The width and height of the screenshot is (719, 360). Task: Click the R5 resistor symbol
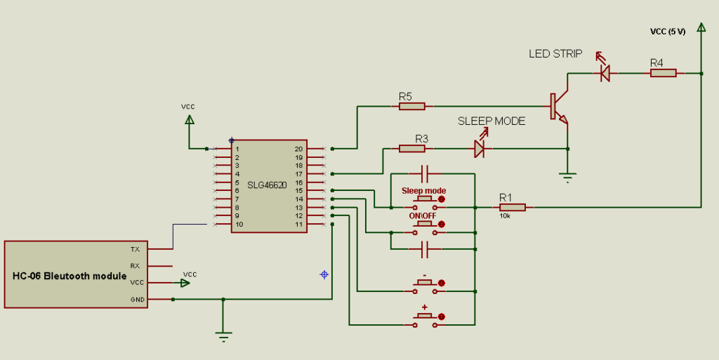pyautogui.click(x=411, y=107)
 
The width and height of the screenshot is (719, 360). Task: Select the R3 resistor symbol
pyautogui.click(x=411, y=149)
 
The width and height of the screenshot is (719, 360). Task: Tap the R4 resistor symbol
pyautogui.click(x=662, y=72)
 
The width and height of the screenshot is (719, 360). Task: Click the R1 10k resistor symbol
pyautogui.click(x=512, y=207)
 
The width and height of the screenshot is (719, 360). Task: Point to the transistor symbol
pyautogui.click(x=559, y=107)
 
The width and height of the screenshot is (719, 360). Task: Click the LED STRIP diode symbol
pyautogui.click(x=602, y=72)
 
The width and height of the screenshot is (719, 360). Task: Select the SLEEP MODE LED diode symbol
pyautogui.click(x=480, y=149)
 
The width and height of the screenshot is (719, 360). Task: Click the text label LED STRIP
pyautogui.click(x=555, y=54)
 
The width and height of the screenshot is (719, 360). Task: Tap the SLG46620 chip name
pyautogui.click(x=267, y=186)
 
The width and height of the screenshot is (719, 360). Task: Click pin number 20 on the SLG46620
pyautogui.click(x=298, y=149)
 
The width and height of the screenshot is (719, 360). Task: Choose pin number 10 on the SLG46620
pyautogui.click(x=239, y=225)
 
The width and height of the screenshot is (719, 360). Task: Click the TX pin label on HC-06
pyautogui.click(x=135, y=249)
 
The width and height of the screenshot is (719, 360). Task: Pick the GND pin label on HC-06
pyautogui.click(x=137, y=300)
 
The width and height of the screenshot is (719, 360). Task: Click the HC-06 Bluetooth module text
pyautogui.click(x=60, y=275)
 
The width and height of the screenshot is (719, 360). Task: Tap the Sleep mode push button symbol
pyautogui.click(x=425, y=204)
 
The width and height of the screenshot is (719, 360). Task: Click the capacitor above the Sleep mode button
pyautogui.click(x=425, y=173)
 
